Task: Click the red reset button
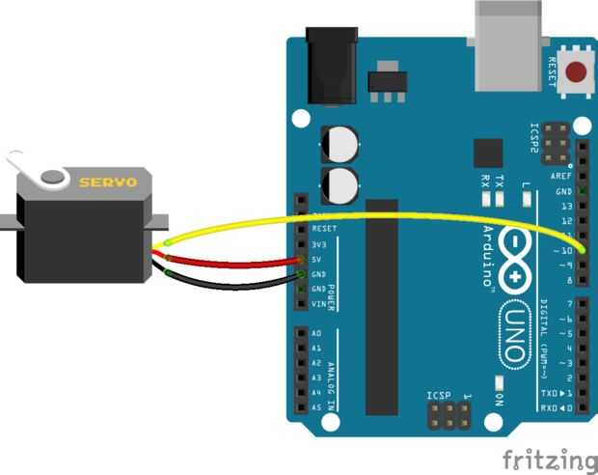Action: click(x=578, y=71)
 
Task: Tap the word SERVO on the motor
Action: click(x=108, y=182)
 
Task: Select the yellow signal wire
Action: click(x=386, y=214)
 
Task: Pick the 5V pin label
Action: click(x=317, y=259)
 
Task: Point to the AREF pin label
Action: click(x=561, y=177)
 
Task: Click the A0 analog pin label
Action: click(x=316, y=334)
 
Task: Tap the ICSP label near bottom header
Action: click(x=439, y=396)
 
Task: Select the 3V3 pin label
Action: click(x=318, y=244)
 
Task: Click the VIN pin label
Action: click(x=317, y=304)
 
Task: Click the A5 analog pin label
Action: click(x=316, y=407)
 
